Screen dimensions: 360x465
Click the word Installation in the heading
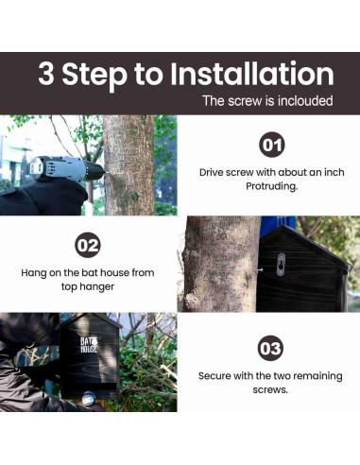[252, 74]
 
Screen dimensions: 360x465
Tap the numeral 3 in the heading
[46, 74]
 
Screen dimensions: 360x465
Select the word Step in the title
[94, 77]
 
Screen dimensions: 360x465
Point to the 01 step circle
[272, 145]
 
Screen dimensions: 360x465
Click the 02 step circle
[88, 245]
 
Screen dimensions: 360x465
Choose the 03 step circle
[270, 348]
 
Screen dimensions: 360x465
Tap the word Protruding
[271, 186]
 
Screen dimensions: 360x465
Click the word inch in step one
[333, 172]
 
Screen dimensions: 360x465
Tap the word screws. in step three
[270, 390]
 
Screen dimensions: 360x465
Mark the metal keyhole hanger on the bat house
[281, 265]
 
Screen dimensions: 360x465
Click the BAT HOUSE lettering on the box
[89, 345]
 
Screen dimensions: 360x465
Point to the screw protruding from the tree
[259, 270]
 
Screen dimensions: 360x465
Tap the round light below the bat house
[89, 399]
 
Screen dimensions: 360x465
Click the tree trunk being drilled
[129, 165]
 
